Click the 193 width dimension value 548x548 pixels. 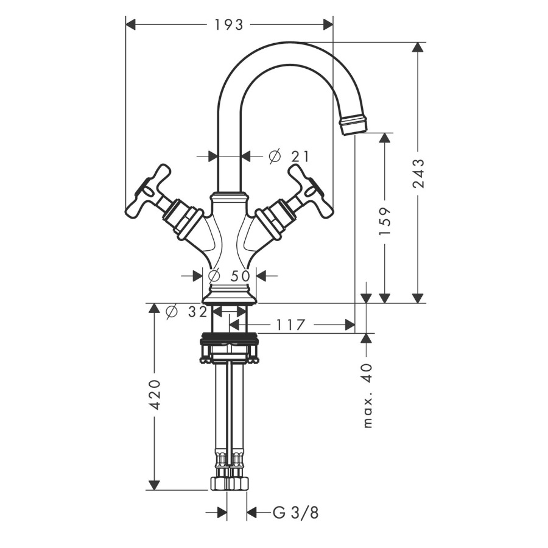point(228,25)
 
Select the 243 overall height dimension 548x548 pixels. point(418,174)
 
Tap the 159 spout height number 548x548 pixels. point(385,221)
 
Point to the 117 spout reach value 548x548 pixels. point(291,325)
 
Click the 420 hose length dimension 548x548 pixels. point(154,395)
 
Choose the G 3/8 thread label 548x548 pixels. point(295,513)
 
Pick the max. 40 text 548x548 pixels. point(368,396)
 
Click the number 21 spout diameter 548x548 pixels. point(300,156)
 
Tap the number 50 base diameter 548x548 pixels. point(240,276)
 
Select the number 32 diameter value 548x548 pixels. point(198,312)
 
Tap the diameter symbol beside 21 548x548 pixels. point(275,156)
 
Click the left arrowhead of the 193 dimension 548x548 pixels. point(130,25)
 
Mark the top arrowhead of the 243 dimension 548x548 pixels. point(416,47)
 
